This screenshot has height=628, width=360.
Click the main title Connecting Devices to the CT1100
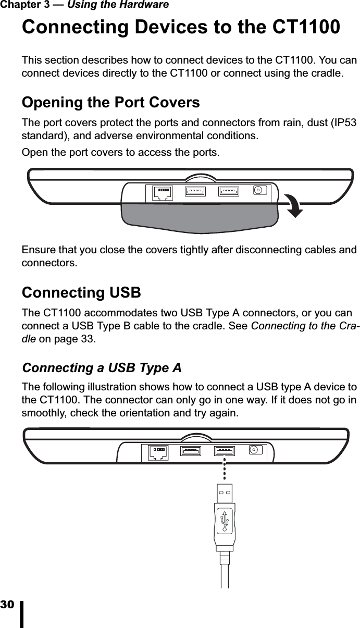181,27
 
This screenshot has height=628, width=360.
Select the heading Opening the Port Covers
110,103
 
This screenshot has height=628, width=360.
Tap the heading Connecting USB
81,292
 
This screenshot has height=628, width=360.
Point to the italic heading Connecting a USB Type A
102,368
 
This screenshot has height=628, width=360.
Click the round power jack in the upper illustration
258,190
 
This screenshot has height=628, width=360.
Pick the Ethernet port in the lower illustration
158,452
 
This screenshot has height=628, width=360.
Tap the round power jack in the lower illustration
255,449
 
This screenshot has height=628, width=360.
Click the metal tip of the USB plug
225,493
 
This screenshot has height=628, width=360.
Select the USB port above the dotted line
225,451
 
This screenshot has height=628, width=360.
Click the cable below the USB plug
225,576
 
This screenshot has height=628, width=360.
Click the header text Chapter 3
26,5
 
